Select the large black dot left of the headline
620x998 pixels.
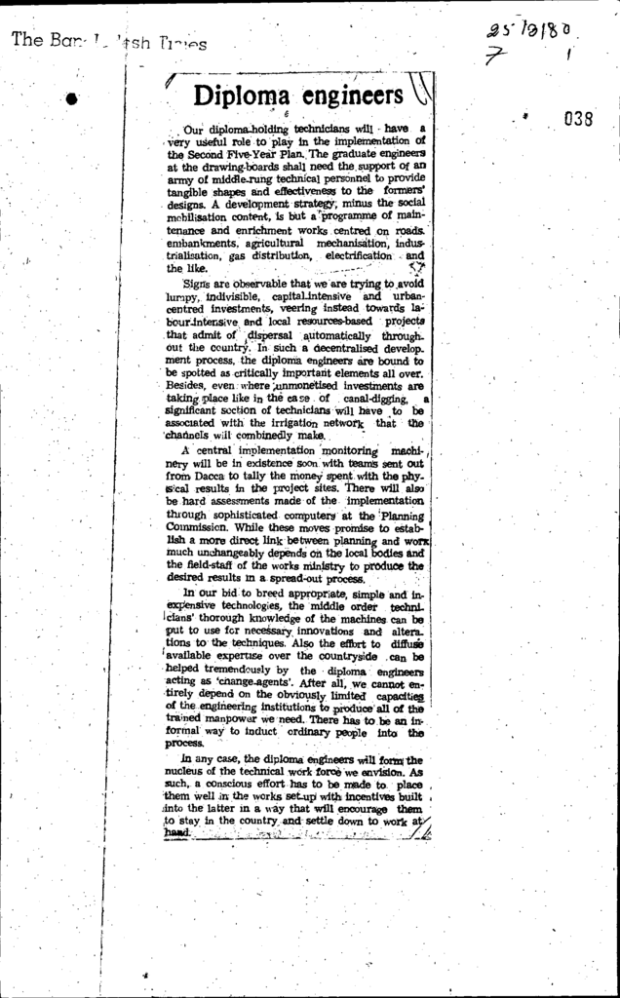(72, 97)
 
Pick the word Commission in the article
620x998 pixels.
(198, 527)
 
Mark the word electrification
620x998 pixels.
(357, 255)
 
